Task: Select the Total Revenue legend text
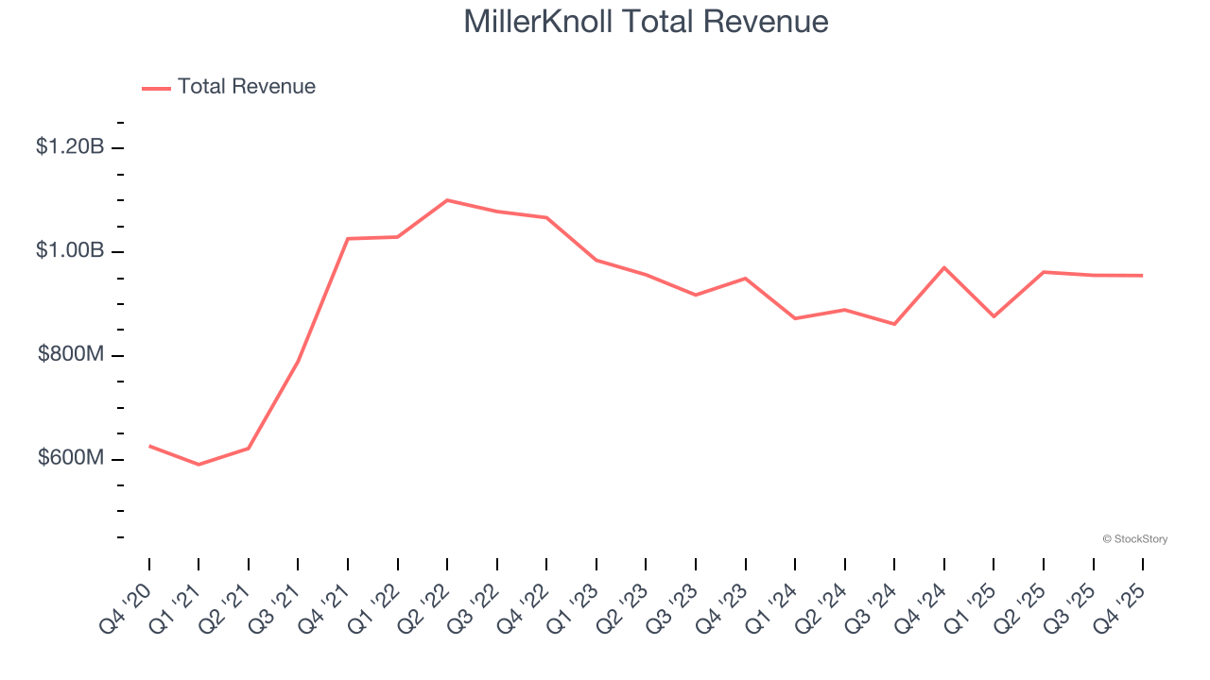[x=246, y=87]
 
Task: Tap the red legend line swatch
[x=156, y=88]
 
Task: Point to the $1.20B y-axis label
[x=70, y=147]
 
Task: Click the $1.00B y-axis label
[x=70, y=251]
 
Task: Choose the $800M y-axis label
[x=71, y=355]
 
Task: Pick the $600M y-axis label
[x=71, y=459]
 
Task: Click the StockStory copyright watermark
[x=1134, y=539]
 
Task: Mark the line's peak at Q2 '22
[x=447, y=200]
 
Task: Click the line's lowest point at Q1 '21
[x=199, y=465]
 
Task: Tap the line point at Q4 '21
[x=348, y=239]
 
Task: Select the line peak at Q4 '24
[x=944, y=267]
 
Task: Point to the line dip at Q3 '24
[x=894, y=324]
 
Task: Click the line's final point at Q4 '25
[x=1143, y=276]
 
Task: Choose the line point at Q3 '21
[x=298, y=361]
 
